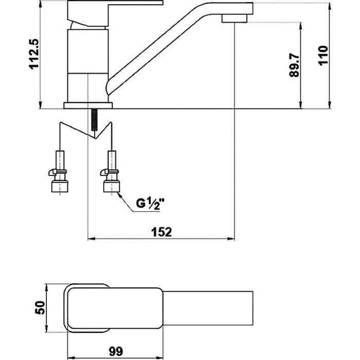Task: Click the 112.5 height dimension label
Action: [34, 53]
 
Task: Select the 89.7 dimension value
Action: [294, 65]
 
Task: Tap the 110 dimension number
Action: [323, 56]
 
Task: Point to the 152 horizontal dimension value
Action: [161, 232]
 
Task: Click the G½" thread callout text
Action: [150, 204]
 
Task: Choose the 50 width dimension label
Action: [40, 308]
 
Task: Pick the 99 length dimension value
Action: [116, 351]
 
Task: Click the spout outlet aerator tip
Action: [235, 19]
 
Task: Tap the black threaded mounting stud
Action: [94, 120]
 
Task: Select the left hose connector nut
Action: [60, 186]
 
